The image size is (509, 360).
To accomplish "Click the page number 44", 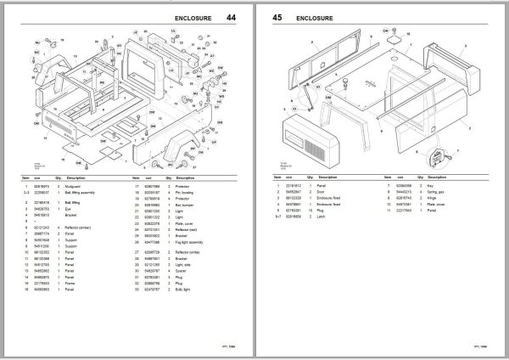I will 231,17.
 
